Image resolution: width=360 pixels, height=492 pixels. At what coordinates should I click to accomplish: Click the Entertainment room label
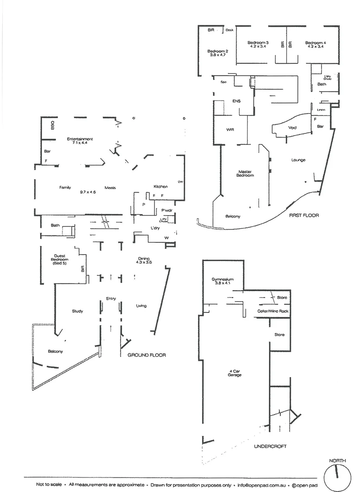(x=80, y=138)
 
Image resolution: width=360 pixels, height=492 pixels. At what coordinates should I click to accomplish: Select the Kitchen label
(x=160, y=186)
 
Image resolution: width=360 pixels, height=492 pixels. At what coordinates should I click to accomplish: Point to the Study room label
(x=77, y=312)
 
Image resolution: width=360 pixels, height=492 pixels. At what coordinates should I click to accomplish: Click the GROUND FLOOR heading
(x=146, y=355)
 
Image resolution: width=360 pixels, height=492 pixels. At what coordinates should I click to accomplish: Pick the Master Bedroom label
(x=245, y=174)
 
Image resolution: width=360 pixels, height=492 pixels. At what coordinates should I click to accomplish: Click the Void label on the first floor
(x=292, y=128)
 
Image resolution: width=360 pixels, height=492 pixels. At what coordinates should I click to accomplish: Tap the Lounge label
(x=298, y=160)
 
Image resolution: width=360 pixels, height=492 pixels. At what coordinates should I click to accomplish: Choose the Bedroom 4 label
(x=315, y=43)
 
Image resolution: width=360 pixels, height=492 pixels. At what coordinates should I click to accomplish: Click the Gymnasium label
(x=223, y=279)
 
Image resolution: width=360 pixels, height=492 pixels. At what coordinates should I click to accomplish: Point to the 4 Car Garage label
(x=235, y=373)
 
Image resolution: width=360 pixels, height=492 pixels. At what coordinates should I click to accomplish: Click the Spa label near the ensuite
(x=223, y=82)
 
